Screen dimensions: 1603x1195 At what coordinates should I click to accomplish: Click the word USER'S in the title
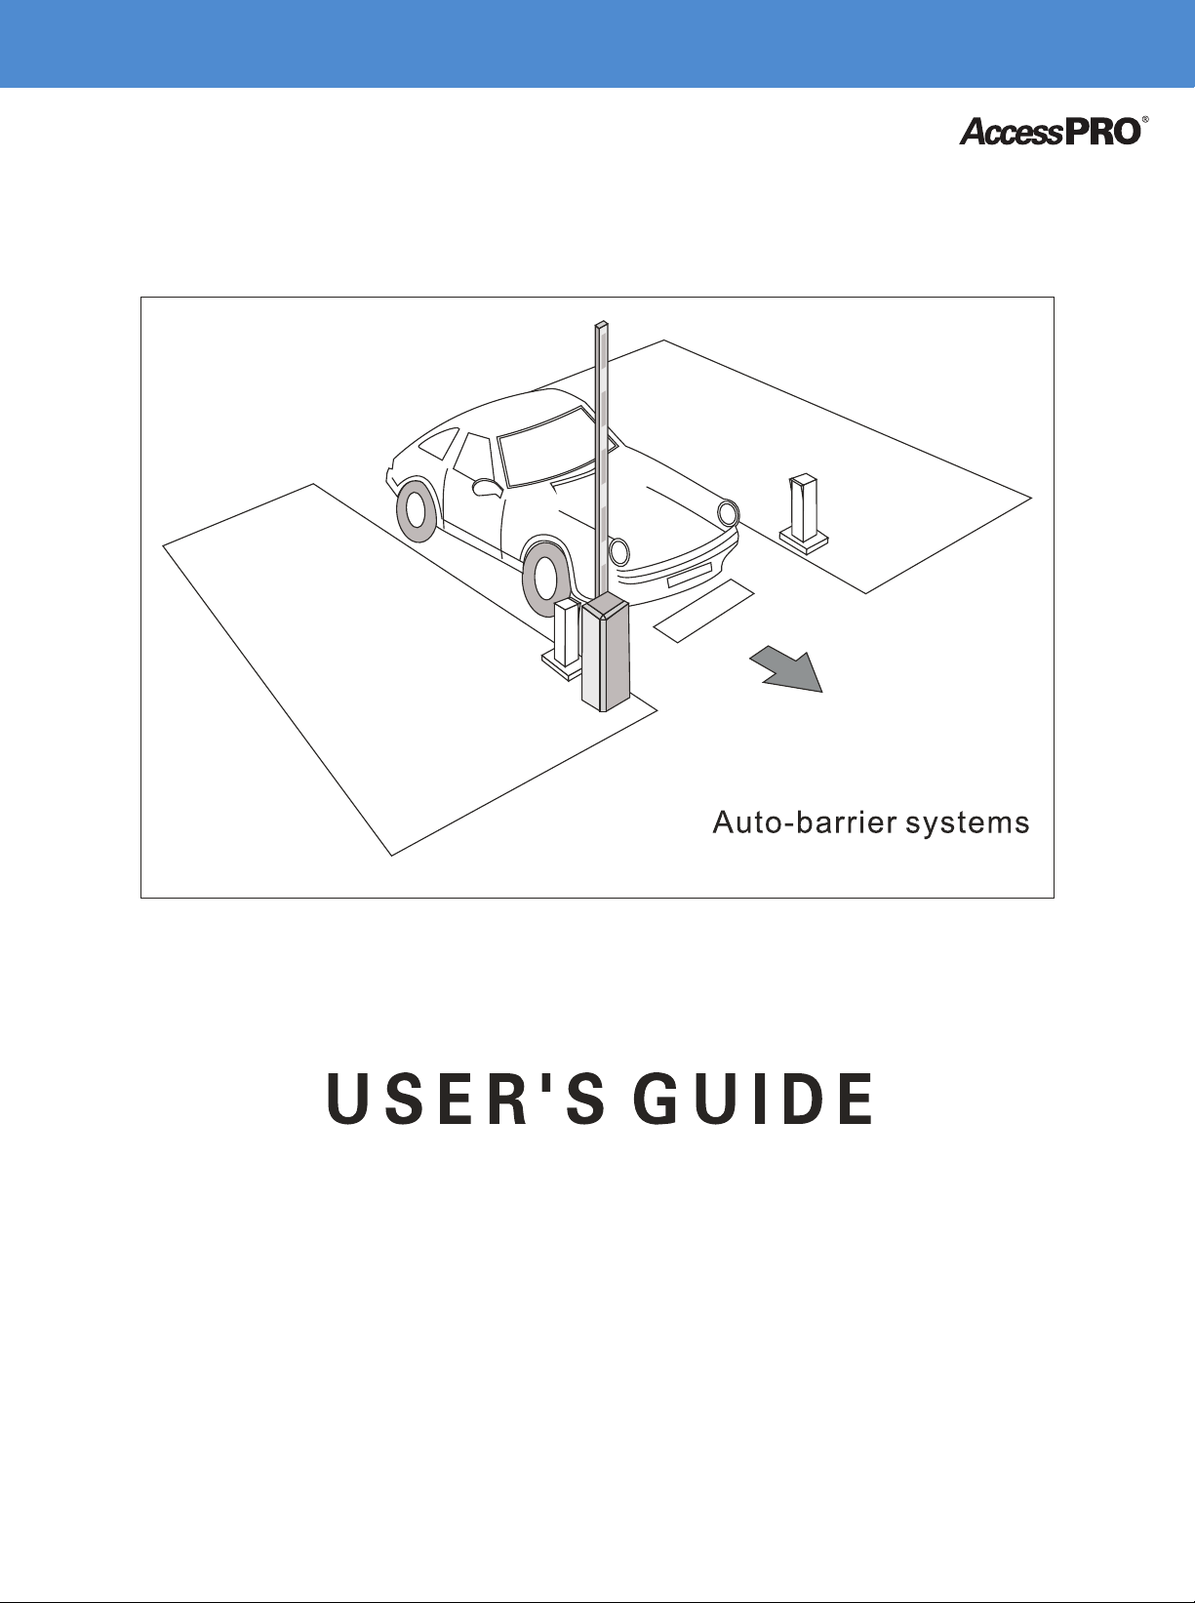pos(464,1099)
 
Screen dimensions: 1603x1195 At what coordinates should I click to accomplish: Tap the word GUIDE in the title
pos(753,1099)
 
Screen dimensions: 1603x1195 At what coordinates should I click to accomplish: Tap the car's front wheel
pos(543,576)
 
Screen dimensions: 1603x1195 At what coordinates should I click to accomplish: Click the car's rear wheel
pos(418,509)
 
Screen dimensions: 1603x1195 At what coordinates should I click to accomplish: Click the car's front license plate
pos(688,574)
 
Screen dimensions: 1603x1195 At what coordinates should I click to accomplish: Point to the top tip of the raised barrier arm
pos(602,325)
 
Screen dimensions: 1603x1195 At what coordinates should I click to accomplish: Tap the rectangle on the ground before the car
pos(704,611)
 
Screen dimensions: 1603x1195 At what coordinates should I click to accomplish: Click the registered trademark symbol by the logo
pos(1145,119)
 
